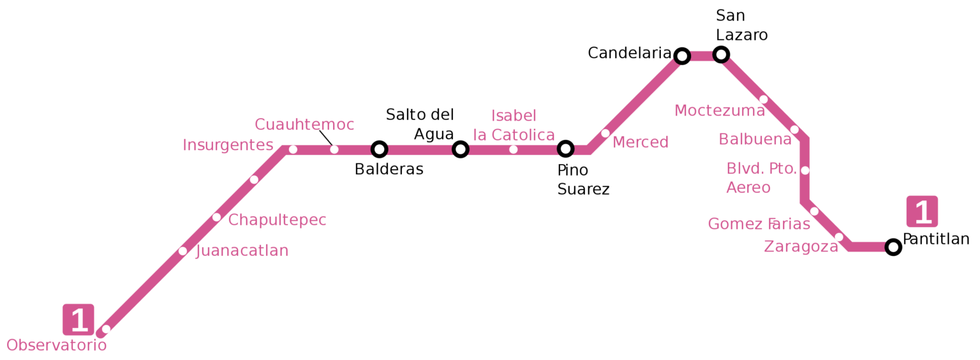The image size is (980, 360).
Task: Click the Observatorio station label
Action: (x=56, y=345)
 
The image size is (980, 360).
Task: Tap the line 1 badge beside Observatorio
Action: (x=78, y=319)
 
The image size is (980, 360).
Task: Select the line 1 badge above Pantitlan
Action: (x=922, y=211)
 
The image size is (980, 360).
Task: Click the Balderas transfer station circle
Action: (x=380, y=149)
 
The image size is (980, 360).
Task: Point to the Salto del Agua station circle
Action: (x=460, y=149)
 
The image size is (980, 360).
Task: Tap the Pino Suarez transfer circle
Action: (x=565, y=149)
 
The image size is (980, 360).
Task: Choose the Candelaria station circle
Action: (x=682, y=56)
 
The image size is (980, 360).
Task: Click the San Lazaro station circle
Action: (x=721, y=54)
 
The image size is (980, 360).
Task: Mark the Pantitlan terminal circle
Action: (x=893, y=247)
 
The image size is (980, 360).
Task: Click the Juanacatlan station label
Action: (x=242, y=251)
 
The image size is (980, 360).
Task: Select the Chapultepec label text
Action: (x=277, y=220)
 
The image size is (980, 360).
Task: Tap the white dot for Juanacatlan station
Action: (x=182, y=251)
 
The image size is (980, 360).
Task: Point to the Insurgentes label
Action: (x=228, y=146)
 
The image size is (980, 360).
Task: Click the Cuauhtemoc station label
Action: (x=304, y=124)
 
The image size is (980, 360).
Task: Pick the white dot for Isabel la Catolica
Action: (x=513, y=149)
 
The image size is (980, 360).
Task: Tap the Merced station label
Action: (x=640, y=142)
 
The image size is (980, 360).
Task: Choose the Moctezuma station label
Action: (x=719, y=111)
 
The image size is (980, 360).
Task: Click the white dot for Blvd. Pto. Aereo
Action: (x=805, y=170)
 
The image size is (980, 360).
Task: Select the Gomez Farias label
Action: (x=759, y=224)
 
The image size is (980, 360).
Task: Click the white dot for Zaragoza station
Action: (x=839, y=237)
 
